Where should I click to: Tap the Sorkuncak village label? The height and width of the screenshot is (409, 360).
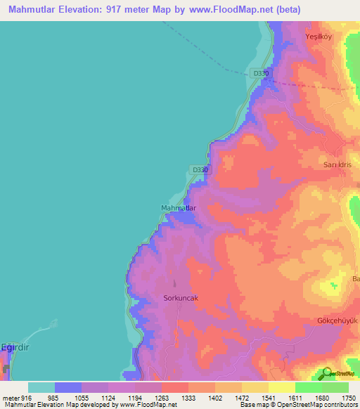[x=181, y=298]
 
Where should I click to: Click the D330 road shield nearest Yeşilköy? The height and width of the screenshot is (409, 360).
[x=260, y=73]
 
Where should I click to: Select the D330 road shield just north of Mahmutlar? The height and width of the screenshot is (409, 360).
[x=200, y=170]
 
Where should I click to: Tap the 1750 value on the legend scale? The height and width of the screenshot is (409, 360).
[x=348, y=398]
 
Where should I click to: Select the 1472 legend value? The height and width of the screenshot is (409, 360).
[x=242, y=398]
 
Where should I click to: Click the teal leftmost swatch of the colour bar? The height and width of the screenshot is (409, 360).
[x=41, y=387]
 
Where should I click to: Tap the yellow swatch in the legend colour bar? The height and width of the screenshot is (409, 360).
[x=282, y=387]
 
